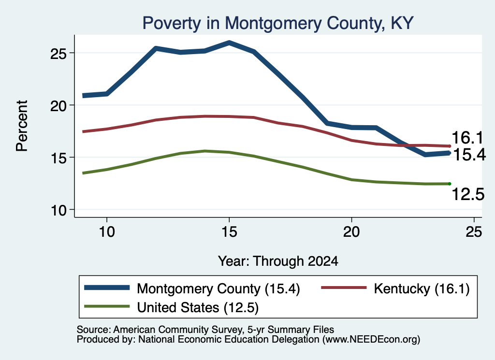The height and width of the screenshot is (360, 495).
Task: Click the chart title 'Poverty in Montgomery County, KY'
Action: coord(278,23)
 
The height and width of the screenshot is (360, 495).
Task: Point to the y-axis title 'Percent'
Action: coord(22,126)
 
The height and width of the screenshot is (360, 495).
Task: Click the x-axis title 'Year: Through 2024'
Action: coord(278,261)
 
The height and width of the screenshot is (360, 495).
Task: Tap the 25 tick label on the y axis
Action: coord(58,54)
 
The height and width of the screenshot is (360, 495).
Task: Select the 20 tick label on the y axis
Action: coord(58,106)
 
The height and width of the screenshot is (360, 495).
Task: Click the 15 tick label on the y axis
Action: coord(58,158)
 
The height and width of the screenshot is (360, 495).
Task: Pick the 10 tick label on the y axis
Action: coord(58,211)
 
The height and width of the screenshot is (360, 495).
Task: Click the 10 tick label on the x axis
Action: coord(107,232)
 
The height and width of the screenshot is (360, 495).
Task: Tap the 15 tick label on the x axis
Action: coord(229,232)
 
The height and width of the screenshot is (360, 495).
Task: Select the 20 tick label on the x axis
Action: coord(351,232)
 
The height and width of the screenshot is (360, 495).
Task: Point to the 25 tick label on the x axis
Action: coord(474,232)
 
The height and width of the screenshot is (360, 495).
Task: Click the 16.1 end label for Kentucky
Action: coord(467,138)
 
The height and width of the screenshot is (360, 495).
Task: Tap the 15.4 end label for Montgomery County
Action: coord(469,155)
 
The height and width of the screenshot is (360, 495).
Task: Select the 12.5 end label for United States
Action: coord(468,194)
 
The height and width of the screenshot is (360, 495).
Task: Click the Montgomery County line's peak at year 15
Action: coord(229,42)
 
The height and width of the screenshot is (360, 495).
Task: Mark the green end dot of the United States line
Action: coord(450,184)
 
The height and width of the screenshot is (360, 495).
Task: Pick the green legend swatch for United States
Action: coord(107,306)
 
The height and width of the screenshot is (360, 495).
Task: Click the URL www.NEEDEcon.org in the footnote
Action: coord(371,339)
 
